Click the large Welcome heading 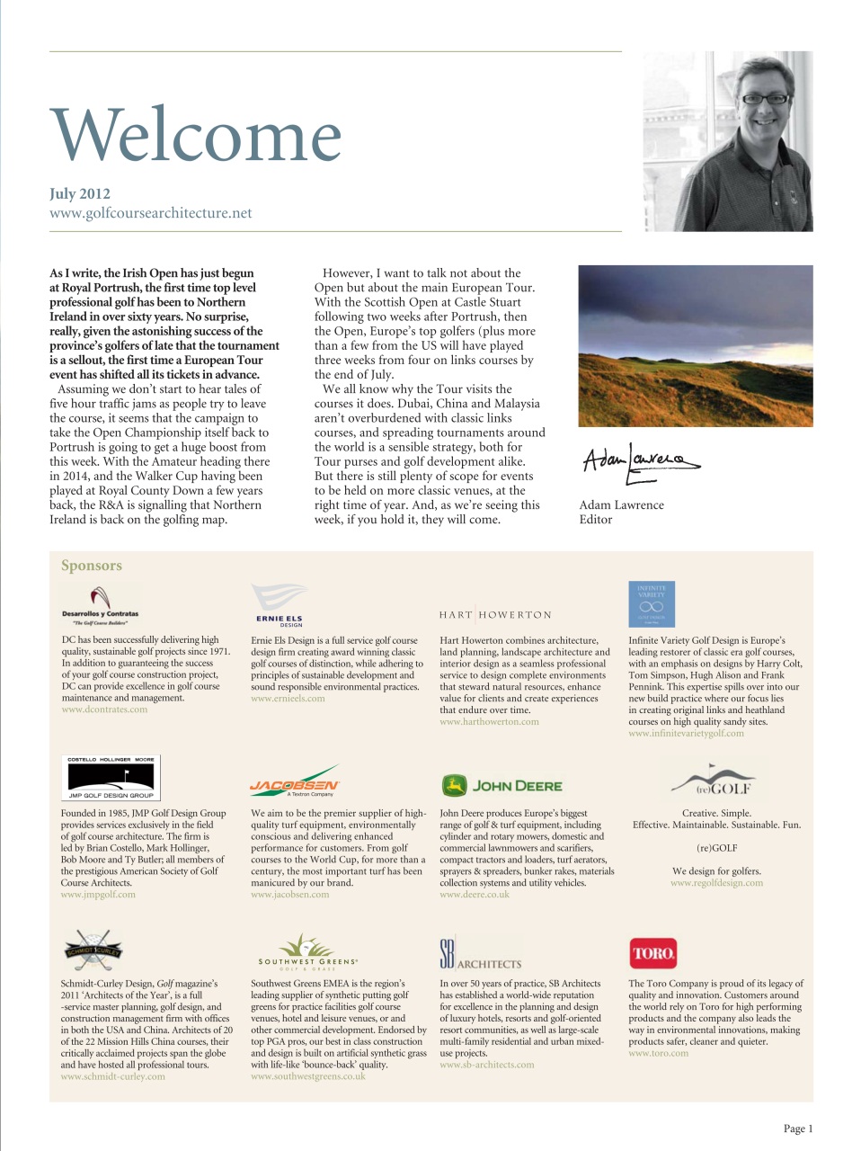196,136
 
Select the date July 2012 80,193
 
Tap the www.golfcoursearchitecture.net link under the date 150,213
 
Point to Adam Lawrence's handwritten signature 638,462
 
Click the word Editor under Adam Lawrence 595,520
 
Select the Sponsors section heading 91,566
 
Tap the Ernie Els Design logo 280,604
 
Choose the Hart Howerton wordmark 495,615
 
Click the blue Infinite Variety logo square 652,603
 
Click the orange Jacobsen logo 294,783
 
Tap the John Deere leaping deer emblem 454,785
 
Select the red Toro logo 653,953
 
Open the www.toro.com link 658,1053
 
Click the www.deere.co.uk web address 474,895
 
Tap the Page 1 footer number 797,1129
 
